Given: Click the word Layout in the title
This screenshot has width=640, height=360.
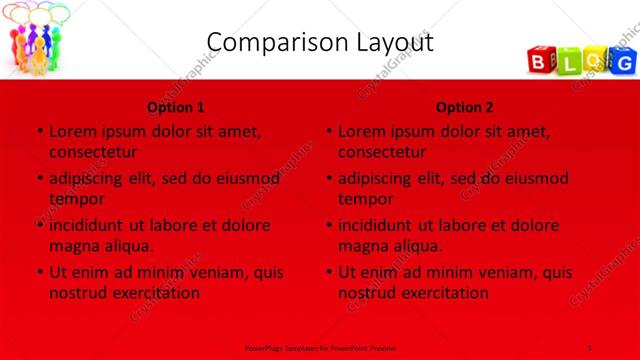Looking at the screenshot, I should point(391,42).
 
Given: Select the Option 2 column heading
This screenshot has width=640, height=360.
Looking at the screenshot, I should point(464,107).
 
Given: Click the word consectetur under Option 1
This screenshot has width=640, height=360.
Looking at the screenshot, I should point(93,152).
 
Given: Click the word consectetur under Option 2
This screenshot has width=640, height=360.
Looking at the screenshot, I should point(382,152).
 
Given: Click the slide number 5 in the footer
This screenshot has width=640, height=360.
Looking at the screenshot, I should point(590,346).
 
